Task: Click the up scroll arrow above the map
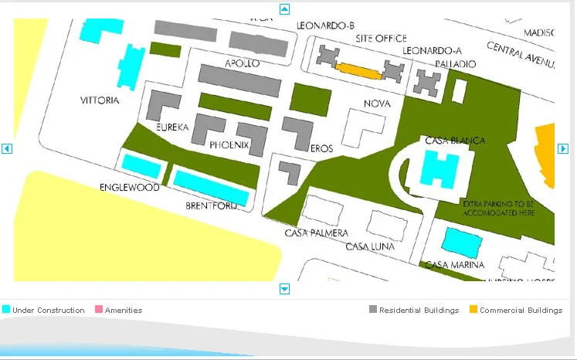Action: coord(284,9)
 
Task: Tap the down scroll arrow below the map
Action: coord(284,289)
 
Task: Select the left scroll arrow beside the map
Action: coord(7,148)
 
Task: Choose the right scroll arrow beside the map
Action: coord(563,148)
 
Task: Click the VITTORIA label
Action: coord(100,100)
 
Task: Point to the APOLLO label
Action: coord(242,63)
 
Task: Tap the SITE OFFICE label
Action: coord(381,38)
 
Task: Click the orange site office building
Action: coord(360,71)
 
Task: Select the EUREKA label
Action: coord(171,127)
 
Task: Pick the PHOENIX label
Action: coord(229,144)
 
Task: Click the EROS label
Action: coord(321,148)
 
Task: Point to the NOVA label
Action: coord(377,104)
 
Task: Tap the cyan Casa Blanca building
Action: coord(439,169)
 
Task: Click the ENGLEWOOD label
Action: coord(129,188)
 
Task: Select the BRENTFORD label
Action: coord(211,206)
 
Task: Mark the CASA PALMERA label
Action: coord(316,233)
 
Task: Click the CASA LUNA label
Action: coord(370,246)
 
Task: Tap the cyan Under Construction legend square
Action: coord(6,310)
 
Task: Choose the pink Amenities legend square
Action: coord(98,310)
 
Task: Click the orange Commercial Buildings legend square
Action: coord(473,310)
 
